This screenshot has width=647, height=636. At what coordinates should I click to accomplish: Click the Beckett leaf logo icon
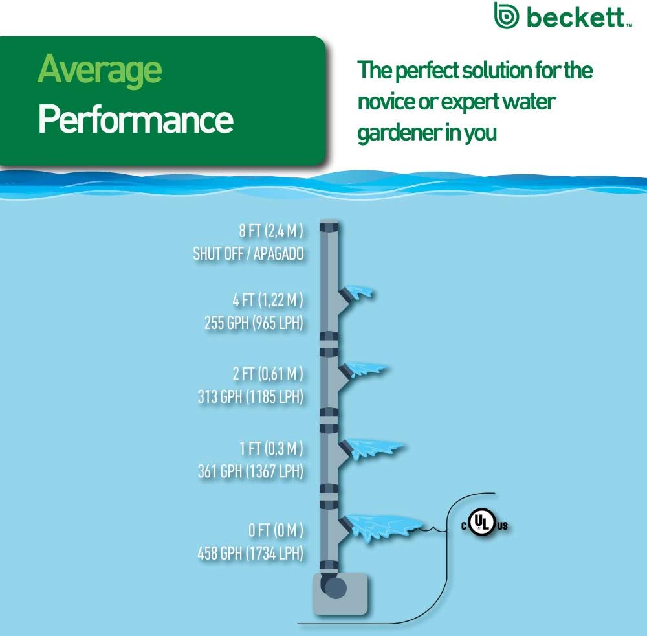[507, 15]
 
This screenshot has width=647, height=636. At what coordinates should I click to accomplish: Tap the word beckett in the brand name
[576, 17]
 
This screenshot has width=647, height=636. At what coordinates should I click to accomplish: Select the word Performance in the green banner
[136, 119]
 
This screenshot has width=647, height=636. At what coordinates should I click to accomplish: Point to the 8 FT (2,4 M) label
[271, 231]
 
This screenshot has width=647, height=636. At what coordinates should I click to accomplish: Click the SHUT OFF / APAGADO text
[248, 254]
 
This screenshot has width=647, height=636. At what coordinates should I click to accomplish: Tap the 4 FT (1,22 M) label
[268, 300]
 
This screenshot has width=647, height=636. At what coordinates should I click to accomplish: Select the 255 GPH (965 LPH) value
[254, 323]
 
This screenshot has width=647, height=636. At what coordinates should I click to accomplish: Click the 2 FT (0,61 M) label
[268, 373]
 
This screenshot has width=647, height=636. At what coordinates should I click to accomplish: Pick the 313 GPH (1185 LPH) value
[250, 396]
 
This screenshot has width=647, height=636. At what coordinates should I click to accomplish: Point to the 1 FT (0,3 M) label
[271, 448]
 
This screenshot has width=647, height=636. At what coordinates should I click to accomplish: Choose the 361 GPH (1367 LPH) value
[250, 471]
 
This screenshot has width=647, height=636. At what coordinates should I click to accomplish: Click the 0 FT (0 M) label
[276, 530]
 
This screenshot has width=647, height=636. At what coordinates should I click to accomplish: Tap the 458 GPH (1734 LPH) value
[250, 553]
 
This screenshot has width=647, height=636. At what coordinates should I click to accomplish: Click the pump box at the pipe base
[340, 594]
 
